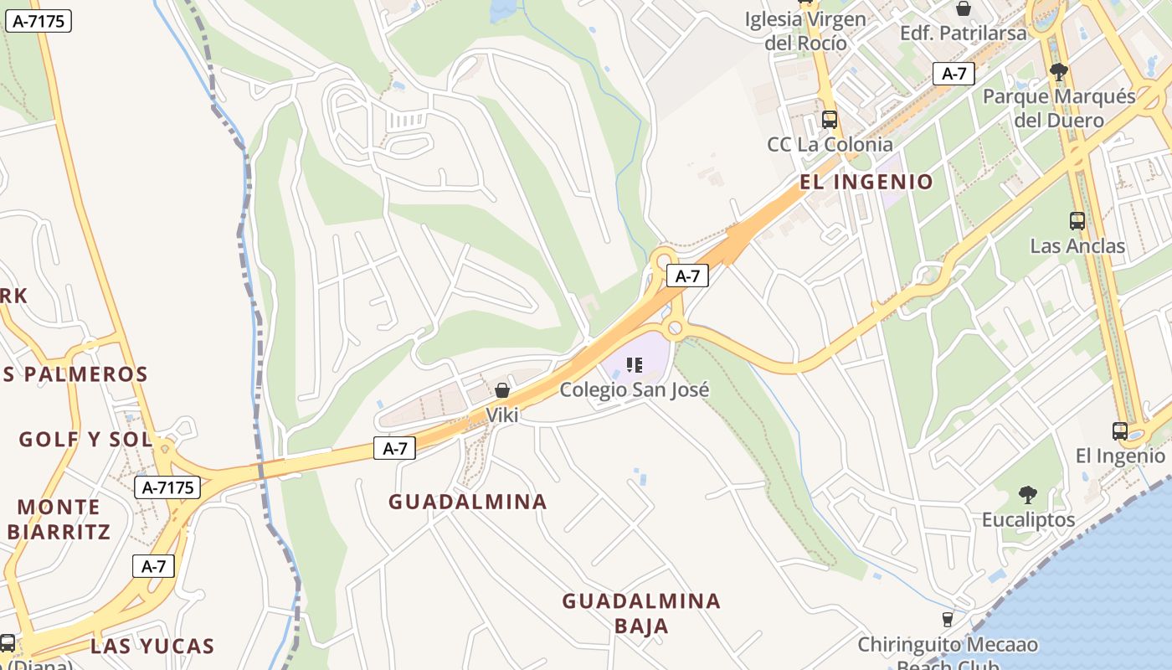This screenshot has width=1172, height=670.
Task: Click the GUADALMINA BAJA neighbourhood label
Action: click(x=641, y=613)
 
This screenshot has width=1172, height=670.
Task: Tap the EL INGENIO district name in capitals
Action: click(x=866, y=182)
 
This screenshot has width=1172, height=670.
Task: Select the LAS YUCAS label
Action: click(x=152, y=646)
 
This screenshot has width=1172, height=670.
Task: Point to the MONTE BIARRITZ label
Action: click(x=59, y=519)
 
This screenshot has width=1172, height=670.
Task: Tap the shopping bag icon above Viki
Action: click(x=502, y=390)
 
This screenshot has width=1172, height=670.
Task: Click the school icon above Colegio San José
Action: click(x=635, y=364)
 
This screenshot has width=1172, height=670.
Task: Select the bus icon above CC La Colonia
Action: click(x=830, y=119)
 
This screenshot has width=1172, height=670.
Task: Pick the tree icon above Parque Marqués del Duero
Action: click(x=1058, y=72)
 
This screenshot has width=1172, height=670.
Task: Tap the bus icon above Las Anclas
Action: click(x=1077, y=221)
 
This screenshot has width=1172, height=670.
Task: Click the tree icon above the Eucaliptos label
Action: click(x=1028, y=495)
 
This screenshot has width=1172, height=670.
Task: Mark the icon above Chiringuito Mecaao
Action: click(x=947, y=620)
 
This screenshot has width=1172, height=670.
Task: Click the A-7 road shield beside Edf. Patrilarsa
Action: click(x=954, y=74)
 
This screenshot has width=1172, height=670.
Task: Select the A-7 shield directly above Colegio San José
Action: click(x=687, y=276)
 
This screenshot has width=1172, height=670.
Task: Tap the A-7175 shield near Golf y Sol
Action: click(x=167, y=487)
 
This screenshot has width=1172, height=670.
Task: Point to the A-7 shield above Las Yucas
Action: click(x=153, y=566)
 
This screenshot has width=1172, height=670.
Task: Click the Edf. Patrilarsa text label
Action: click(x=963, y=33)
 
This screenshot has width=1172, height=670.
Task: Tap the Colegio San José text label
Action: click(x=635, y=389)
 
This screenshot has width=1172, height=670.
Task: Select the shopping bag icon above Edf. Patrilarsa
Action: click(x=964, y=8)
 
